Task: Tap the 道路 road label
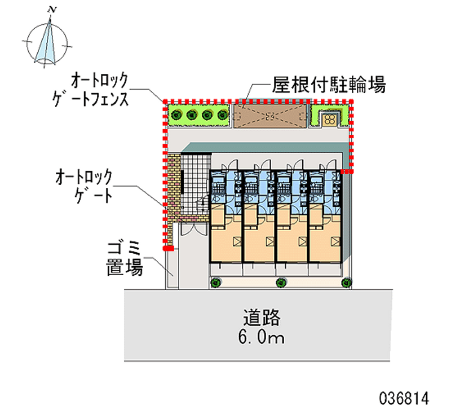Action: (x=263, y=318)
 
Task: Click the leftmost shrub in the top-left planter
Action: (x=178, y=116)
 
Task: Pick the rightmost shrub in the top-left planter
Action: (x=221, y=116)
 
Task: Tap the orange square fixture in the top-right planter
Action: (x=329, y=118)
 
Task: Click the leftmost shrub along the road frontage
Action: (x=215, y=283)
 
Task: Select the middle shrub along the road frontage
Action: (x=280, y=283)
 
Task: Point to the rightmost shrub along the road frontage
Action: (x=346, y=283)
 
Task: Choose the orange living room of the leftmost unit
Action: (x=226, y=237)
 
